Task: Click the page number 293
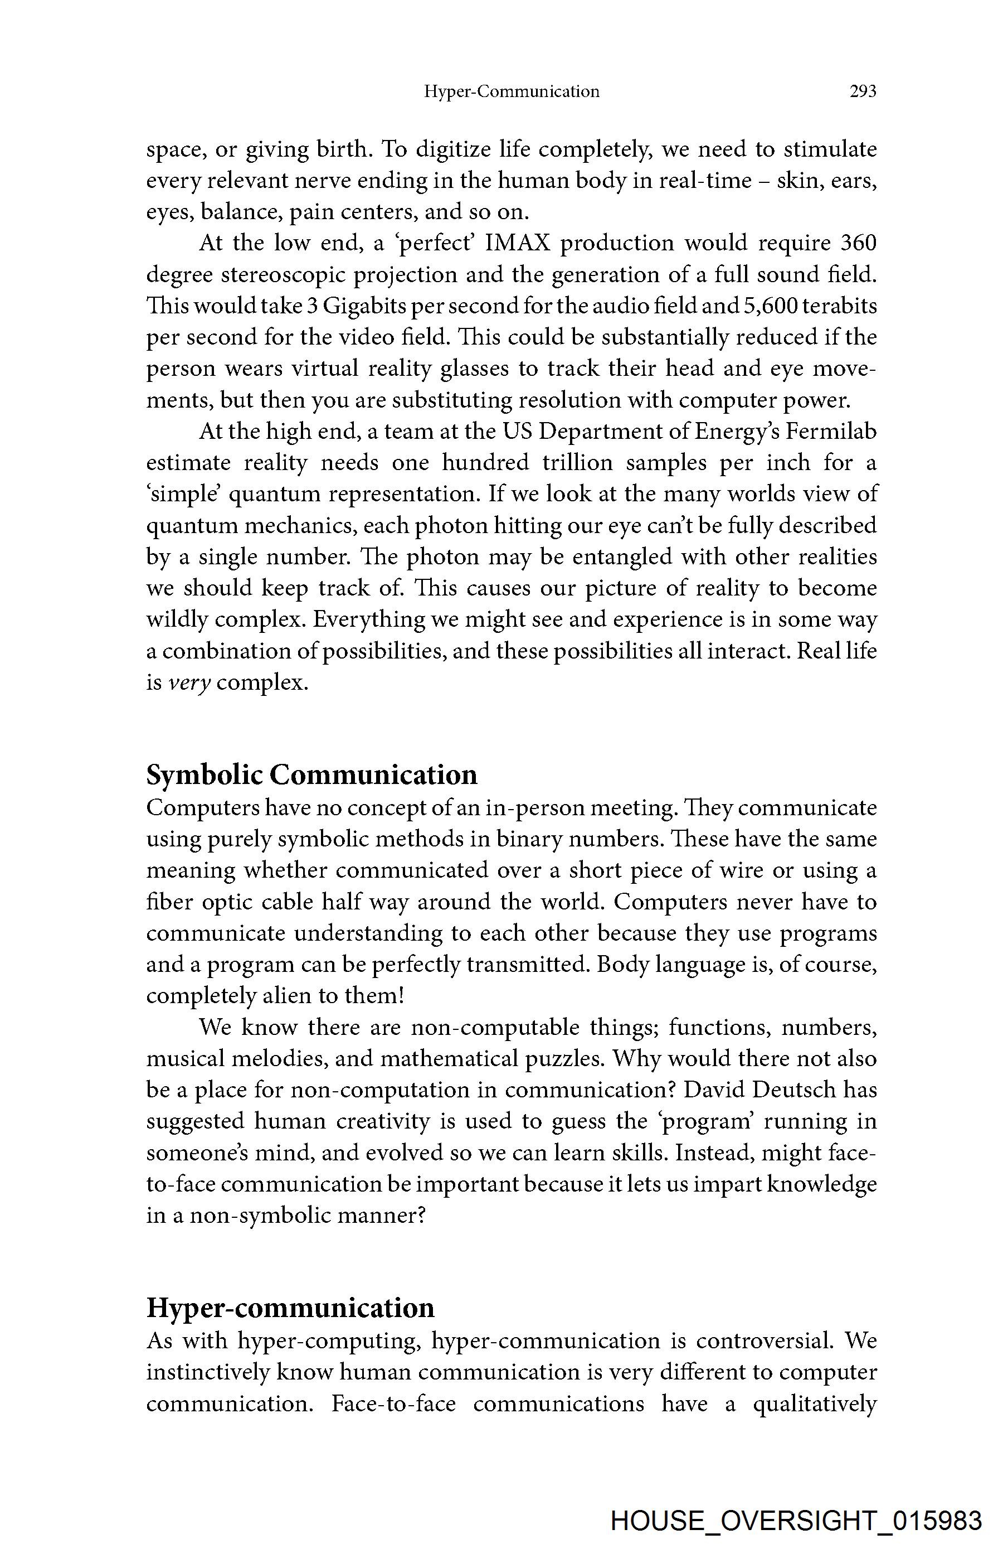(x=863, y=91)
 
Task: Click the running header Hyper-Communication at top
(x=512, y=91)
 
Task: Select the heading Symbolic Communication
(x=311, y=775)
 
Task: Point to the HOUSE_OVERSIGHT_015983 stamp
(x=796, y=1521)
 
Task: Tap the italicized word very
(x=189, y=683)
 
